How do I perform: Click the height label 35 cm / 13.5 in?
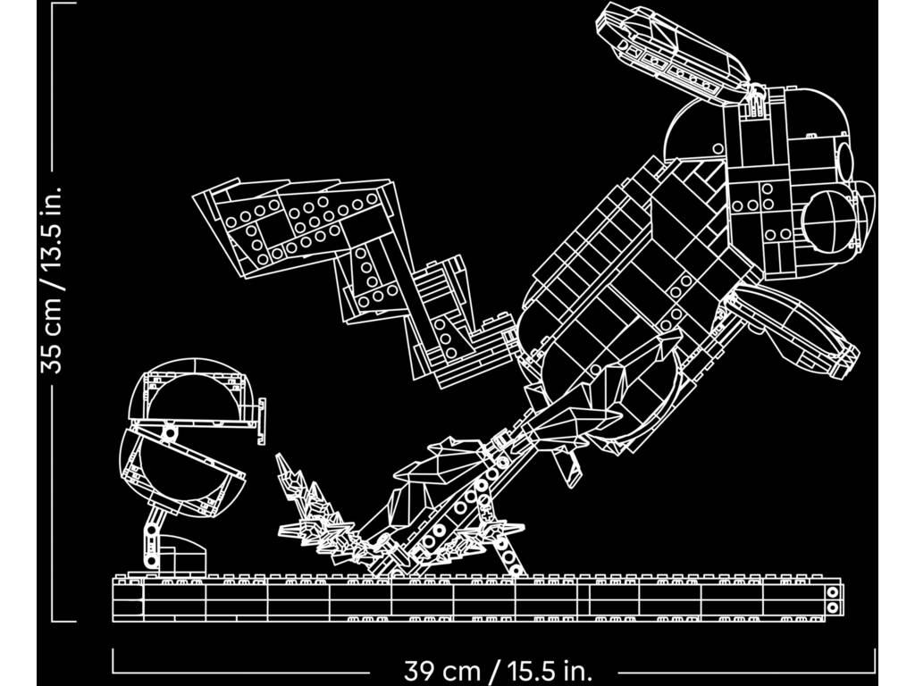coord(51,280)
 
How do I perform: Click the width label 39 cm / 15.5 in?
coord(498,670)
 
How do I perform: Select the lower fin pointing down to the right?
coord(796,331)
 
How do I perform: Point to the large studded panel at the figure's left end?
coord(292,224)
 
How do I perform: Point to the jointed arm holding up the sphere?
coord(154,537)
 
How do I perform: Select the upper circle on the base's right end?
coord(833,593)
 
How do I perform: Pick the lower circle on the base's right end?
coord(833,607)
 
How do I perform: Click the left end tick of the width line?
coord(113,659)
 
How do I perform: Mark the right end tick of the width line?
coord(875,659)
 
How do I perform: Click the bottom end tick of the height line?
coord(63,622)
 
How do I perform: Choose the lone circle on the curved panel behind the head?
coord(718,149)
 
